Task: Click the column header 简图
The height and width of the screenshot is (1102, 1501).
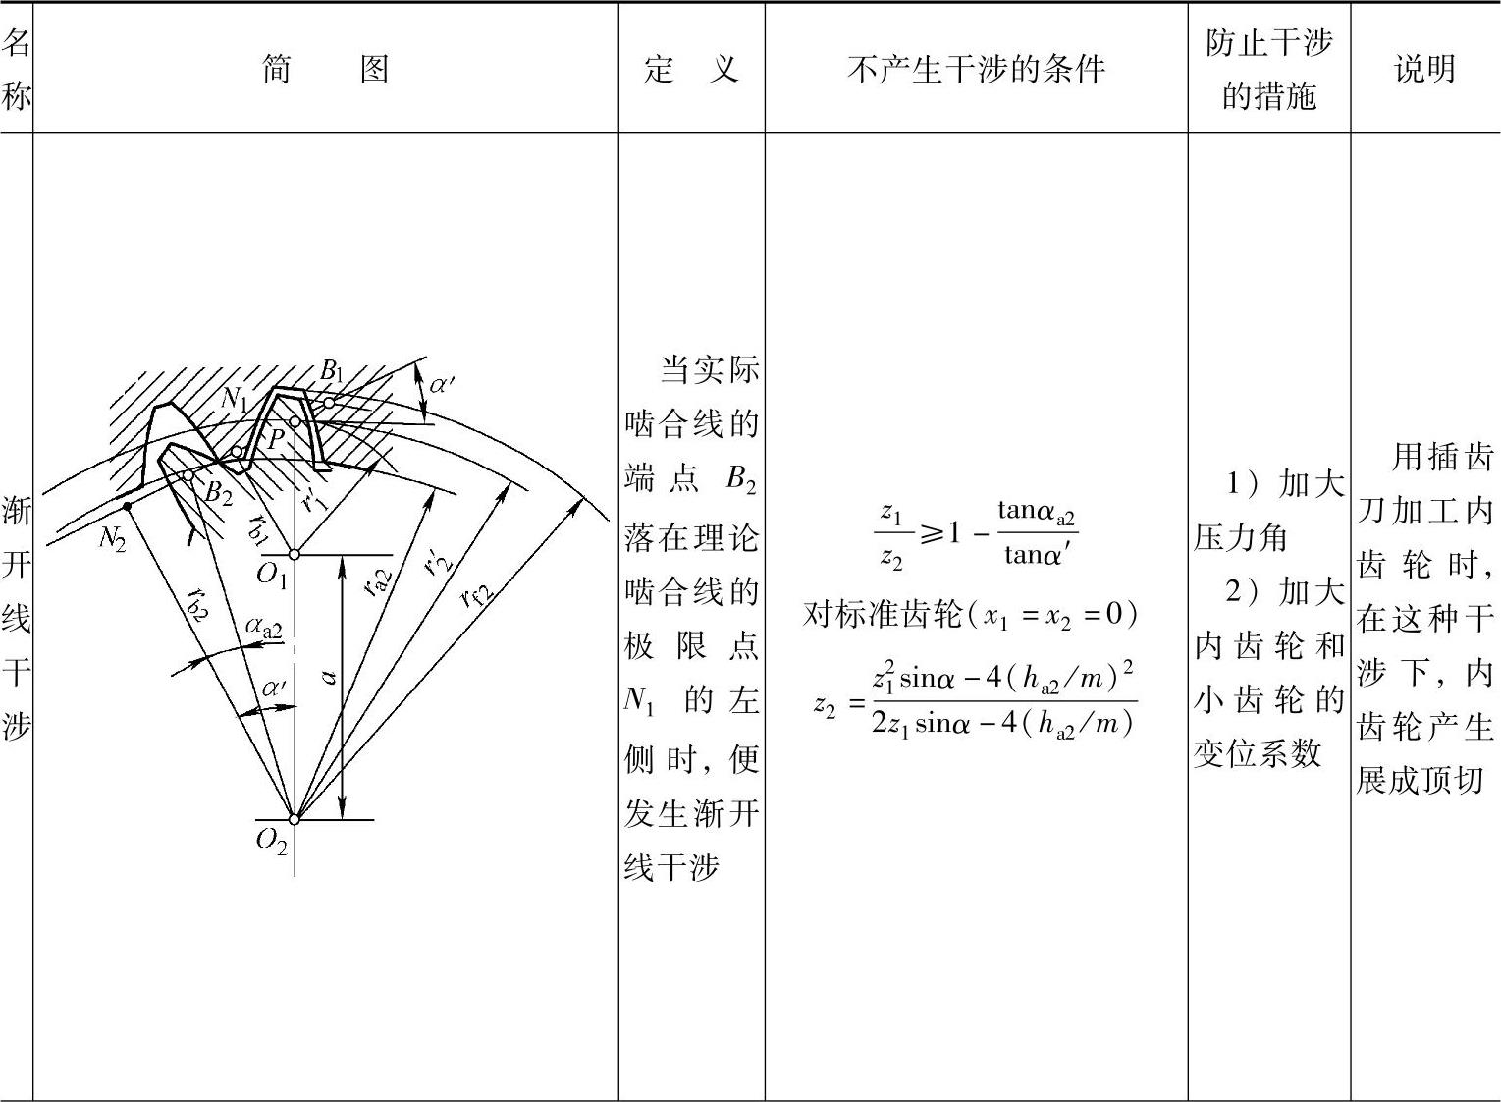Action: coord(325,69)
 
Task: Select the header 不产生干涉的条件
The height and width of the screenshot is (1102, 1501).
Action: coord(976,69)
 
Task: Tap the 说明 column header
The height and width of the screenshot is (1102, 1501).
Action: coord(1424,69)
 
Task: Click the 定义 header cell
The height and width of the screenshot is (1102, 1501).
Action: coord(691,69)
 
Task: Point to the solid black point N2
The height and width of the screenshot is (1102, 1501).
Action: coord(128,507)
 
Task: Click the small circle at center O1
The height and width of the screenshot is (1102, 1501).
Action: coord(294,555)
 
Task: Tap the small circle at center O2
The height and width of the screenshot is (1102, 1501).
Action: coord(294,819)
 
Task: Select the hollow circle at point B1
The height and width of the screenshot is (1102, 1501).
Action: coord(330,403)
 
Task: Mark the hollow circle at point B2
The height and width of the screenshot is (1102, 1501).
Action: coord(188,475)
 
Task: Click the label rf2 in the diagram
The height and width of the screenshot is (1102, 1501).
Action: coord(477,593)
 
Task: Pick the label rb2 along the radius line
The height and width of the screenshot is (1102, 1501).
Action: coord(196,607)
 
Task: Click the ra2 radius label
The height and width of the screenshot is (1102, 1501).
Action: coord(377,581)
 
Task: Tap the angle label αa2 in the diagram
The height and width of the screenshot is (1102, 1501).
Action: coord(263,626)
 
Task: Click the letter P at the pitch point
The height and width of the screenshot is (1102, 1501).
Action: coord(276,438)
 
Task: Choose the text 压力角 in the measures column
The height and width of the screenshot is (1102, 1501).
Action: coord(1241,537)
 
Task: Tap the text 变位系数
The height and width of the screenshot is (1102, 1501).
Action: coord(1257,753)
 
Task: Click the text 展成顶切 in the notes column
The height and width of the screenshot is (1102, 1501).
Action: coord(1419,780)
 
